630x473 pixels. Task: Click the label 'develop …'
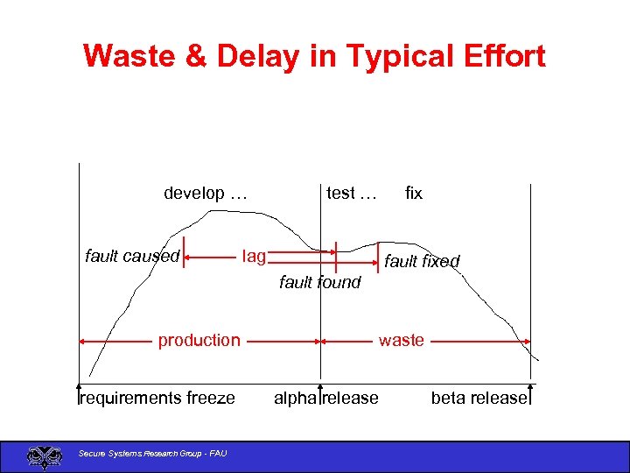pyautogui.click(x=206, y=194)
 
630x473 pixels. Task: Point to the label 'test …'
pyautogui.click(x=351, y=194)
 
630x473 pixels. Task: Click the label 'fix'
pyautogui.click(x=414, y=194)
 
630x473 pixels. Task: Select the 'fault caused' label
pyautogui.click(x=132, y=257)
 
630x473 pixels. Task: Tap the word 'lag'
pyautogui.click(x=254, y=257)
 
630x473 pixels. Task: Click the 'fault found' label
pyautogui.click(x=319, y=282)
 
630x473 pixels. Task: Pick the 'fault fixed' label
pyautogui.click(x=422, y=261)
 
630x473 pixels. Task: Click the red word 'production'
pyautogui.click(x=199, y=340)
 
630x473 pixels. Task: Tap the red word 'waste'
pyautogui.click(x=401, y=340)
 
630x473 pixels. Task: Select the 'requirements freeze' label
pyautogui.click(x=157, y=399)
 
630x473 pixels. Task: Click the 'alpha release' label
pyautogui.click(x=326, y=399)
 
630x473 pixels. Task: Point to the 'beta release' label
pyautogui.click(x=479, y=399)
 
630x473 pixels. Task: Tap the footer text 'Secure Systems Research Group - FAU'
pyautogui.click(x=152, y=453)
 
